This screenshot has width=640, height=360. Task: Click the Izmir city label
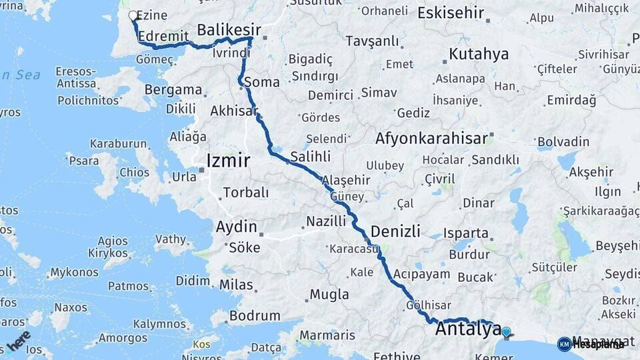[x=229, y=161]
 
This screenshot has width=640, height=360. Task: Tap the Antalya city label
[x=468, y=329]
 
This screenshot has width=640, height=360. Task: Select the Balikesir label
[x=229, y=29]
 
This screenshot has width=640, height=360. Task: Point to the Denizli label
[x=395, y=231]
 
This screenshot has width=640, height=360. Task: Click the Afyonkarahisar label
[x=431, y=139]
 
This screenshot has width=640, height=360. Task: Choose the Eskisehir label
[x=451, y=12]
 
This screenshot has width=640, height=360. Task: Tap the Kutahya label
[x=479, y=54]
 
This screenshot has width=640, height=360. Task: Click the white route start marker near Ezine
[x=133, y=15]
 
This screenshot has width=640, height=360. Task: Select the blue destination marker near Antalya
[x=507, y=331]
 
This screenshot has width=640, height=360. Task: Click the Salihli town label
[x=311, y=157]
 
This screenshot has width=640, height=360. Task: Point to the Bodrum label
[x=255, y=315]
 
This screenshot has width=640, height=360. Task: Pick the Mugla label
[x=329, y=294]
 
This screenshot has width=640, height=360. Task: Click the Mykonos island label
[x=73, y=272]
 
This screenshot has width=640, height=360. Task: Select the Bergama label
[x=173, y=89]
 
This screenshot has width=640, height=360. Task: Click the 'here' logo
[x=19, y=340]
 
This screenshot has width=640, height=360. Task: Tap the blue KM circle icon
[x=564, y=344]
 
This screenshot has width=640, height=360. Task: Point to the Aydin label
[x=236, y=227]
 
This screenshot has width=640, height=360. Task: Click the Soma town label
[x=261, y=83]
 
